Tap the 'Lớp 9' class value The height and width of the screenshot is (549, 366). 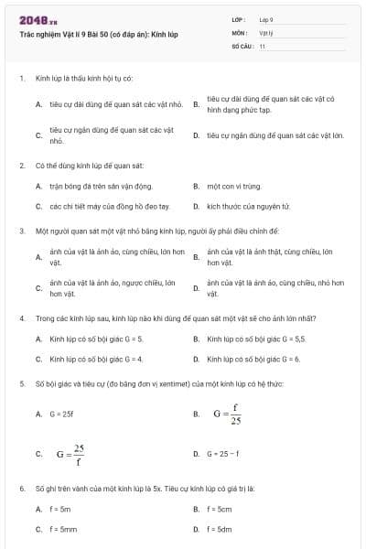pos(266,19)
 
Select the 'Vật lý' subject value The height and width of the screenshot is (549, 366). pos(266,32)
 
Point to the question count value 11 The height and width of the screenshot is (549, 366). pos(263,45)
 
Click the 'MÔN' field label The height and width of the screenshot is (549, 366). pos(240,32)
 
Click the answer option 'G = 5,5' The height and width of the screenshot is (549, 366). pos(246,339)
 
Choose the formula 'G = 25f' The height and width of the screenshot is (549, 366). pos(61,414)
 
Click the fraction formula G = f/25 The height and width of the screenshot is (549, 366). pos(228,414)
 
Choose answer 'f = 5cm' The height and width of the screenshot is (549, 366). pos(220,509)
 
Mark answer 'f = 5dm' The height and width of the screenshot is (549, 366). pos(220,529)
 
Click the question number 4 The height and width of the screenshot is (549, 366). pos(21,318)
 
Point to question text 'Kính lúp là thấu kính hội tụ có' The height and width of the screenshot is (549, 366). pos(83,80)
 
